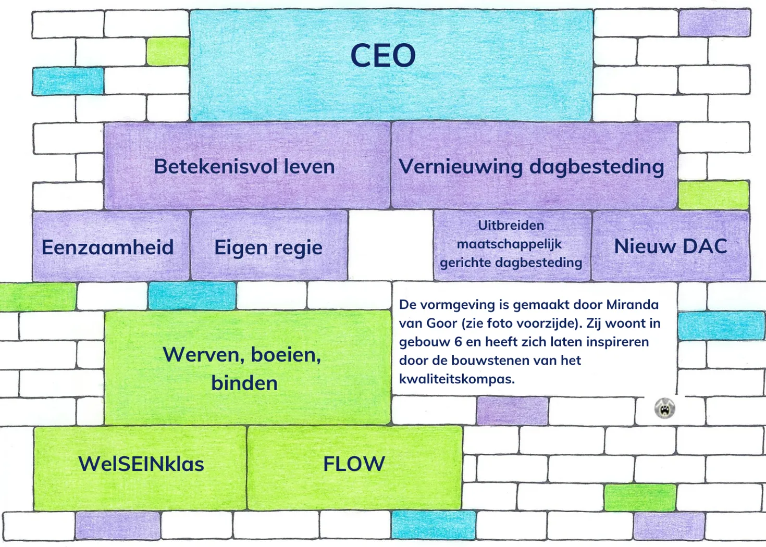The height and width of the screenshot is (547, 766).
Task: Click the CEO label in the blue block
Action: click(x=383, y=56)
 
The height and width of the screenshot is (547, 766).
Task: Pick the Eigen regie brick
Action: click(x=269, y=246)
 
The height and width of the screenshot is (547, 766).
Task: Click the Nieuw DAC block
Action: click(x=671, y=246)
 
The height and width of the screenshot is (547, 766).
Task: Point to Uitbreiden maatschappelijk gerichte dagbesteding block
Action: click(x=511, y=244)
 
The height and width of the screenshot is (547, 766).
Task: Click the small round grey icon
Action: click(x=664, y=408)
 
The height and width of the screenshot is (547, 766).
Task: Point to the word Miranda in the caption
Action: click(x=632, y=304)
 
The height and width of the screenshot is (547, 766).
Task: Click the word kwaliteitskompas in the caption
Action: click(x=456, y=379)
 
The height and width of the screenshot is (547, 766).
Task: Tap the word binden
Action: click(x=244, y=383)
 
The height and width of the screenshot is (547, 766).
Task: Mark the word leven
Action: click(x=312, y=167)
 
